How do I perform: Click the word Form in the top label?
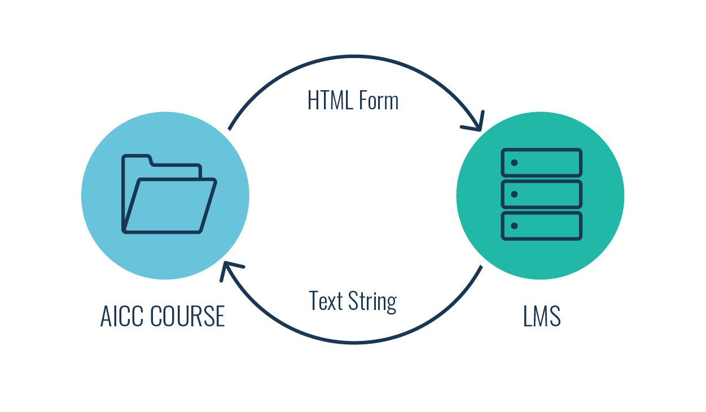(x=380, y=100)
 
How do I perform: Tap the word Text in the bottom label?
(x=326, y=300)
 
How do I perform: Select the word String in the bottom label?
(x=372, y=302)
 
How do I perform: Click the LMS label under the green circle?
(x=542, y=316)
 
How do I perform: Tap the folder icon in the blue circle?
(x=168, y=194)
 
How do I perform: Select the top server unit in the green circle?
(x=541, y=162)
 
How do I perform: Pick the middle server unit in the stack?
(x=541, y=194)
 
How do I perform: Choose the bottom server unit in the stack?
(x=541, y=225)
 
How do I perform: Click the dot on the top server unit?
(x=514, y=163)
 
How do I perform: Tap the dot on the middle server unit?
(x=514, y=194)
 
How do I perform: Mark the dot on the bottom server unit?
(x=514, y=226)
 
